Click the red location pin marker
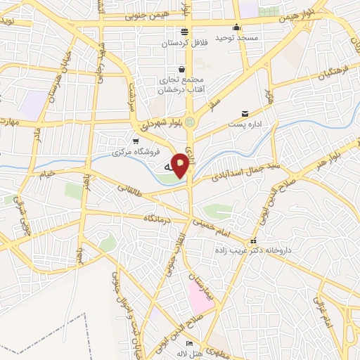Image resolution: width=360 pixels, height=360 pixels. click(x=181, y=165)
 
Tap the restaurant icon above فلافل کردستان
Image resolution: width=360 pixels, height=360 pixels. click(x=184, y=31)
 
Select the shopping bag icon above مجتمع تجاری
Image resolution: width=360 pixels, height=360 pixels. click(x=182, y=69)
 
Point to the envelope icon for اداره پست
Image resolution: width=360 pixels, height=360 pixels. click(x=245, y=113)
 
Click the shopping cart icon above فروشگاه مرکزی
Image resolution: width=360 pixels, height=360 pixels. click(x=136, y=140)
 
